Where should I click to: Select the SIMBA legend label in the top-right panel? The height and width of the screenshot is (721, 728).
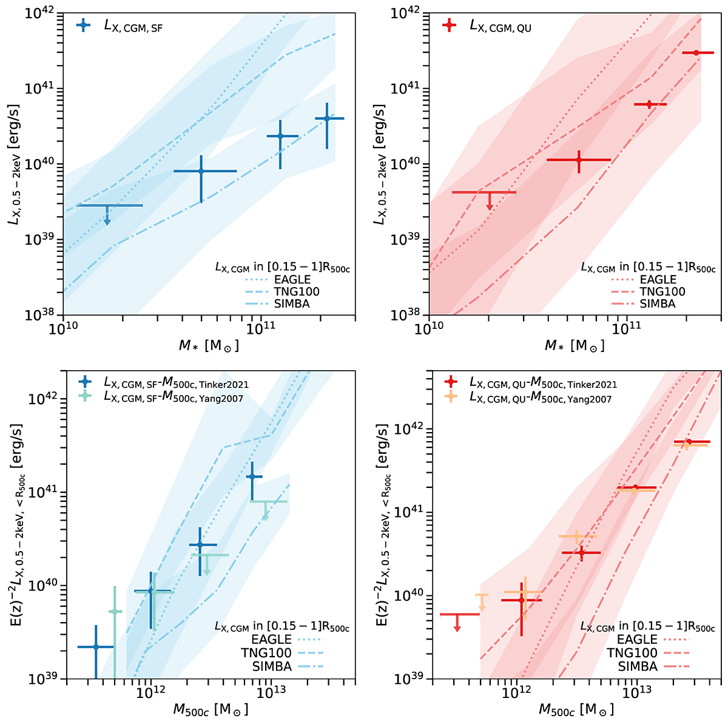(658, 303)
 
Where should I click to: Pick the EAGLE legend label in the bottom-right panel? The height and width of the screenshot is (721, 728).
(637, 639)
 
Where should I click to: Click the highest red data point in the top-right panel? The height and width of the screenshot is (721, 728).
(696, 53)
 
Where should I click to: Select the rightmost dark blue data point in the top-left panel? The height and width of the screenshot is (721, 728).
(327, 118)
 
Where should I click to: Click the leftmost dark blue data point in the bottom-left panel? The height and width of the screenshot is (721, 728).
(96, 647)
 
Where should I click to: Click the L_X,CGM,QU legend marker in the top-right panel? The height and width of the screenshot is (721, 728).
(449, 25)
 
